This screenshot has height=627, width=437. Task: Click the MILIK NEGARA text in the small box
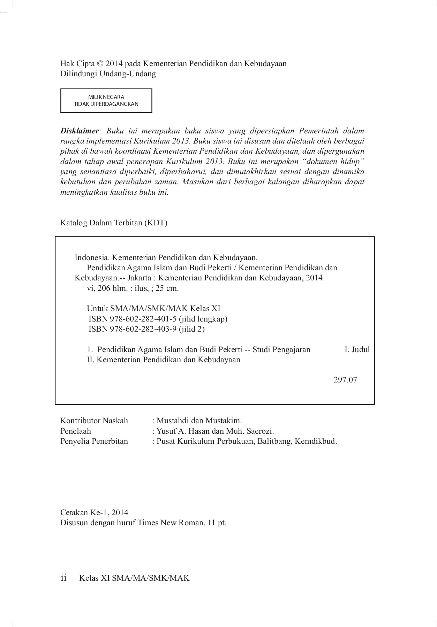pyautogui.click(x=106, y=97)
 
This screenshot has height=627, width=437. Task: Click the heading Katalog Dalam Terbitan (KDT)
pyautogui.click(x=114, y=223)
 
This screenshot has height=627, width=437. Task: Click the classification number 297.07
pyautogui.click(x=345, y=380)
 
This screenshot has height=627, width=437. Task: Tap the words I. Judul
pyautogui.click(x=357, y=349)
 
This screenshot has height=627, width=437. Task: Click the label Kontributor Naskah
pyautogui.click(x=94, y=421)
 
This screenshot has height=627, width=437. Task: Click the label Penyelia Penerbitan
pyautogui.click(x=94, y=441)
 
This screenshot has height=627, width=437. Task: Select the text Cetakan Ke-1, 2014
pyautogui.click(x=94, y=512)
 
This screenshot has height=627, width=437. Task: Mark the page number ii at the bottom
pyautogui.click(x=64, y=578)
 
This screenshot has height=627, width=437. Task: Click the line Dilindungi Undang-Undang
pyautogui.click(x=108, y=74)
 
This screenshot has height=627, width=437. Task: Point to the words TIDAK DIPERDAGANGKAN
pyautogui.click(x=106, y=104)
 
